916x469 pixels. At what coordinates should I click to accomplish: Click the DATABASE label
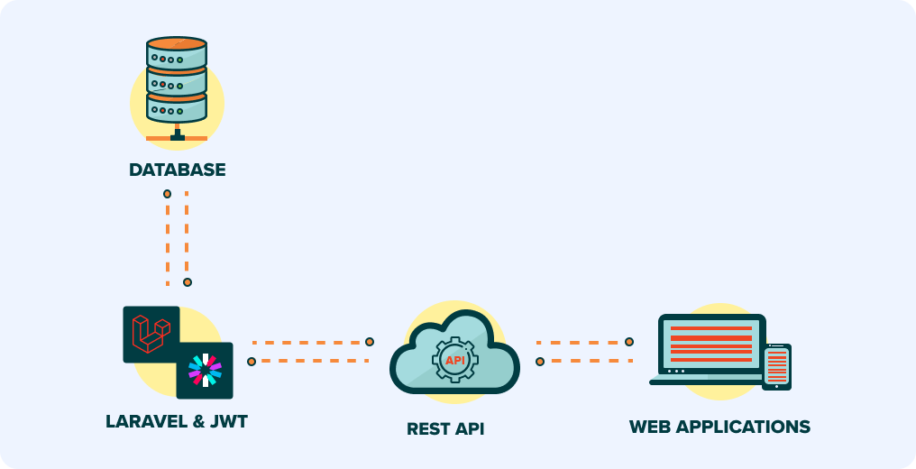[x=177, y=170]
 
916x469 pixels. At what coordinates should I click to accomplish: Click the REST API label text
[x=445, y=428]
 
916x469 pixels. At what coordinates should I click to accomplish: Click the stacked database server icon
[x=177, y=81]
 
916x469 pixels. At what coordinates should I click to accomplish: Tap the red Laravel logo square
[x=151, y=335]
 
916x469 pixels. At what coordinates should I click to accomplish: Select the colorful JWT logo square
[x=205, y=370]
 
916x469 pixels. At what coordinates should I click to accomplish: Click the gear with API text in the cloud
[x=454, y=361]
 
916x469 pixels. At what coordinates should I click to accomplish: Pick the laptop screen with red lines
[x=711, y=343]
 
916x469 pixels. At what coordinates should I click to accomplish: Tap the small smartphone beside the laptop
[x=776, y=366]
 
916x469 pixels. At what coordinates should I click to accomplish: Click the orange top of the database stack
[x=177, y=43]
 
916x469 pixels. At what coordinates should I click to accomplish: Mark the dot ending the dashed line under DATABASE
[x=167, y=194]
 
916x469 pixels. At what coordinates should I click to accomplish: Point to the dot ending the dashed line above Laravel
[x=188, y=282]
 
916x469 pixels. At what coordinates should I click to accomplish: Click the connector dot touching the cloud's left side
[x=370, y=342]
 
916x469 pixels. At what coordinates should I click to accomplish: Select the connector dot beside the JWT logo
[x=252, y=362]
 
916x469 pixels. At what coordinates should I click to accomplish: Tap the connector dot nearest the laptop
[x=629, y=342]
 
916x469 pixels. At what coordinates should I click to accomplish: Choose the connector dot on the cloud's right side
[x=540, y=362]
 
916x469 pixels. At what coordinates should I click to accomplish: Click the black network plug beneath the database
[x=177, y=136]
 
